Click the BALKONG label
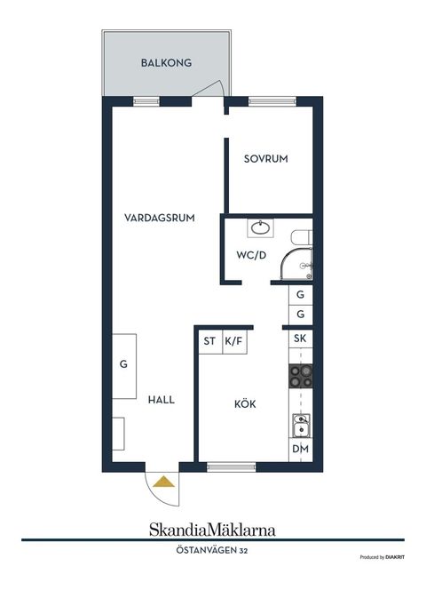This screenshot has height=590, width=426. (x=167, y=63)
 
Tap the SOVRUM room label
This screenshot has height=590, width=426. (x=267, y=159)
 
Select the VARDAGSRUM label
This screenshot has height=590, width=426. (x=160, y=218)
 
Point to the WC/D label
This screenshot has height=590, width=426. (x=251, y=255)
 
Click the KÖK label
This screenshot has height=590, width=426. (x=245, y=403)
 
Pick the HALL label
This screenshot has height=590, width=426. (x=162, y=400)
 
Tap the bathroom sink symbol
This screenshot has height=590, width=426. (x=260, y=228)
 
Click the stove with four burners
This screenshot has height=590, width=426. (x=300, y=377)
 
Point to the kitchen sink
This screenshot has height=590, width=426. (x=301, y=426)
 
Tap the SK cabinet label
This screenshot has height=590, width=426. (x=300, y=339)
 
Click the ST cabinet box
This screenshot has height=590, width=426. (x=209, y=340)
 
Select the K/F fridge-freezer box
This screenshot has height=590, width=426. (x=234, y=340)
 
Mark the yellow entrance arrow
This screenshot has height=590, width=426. (x=162, y=482)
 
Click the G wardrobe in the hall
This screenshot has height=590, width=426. (x=124, y=363)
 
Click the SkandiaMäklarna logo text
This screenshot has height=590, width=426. (x=212, y=530)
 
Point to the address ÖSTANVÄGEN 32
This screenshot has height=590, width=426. (x=212, y=552)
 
